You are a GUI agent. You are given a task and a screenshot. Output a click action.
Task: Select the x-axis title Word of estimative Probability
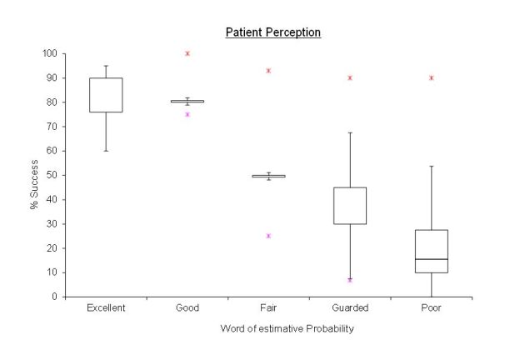(x=287, y=328)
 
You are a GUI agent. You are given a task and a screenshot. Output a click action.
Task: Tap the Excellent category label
(x=106, y=307)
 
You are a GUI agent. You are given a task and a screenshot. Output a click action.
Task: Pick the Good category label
(x=187, y=307)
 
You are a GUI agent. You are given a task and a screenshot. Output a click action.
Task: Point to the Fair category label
(x=268, y=307)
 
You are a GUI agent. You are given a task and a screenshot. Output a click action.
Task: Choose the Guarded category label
(x=350, y=307)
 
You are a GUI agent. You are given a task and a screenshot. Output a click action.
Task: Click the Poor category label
(x=431, y=307)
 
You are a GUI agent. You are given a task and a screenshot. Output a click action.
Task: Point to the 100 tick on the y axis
(x=50, y=54)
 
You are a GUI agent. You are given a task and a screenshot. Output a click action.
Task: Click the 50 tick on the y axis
(x=52, y=176)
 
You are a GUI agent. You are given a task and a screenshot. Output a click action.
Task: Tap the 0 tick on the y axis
(x=55, y=297)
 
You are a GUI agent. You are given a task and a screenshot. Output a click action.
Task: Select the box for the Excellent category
(x=106, y=95)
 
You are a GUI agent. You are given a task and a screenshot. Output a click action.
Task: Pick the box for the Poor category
(x=431, y=251)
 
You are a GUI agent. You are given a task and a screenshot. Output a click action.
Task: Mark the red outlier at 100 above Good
(x=187, y=53)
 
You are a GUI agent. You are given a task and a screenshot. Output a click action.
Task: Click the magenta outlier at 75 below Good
(x=187, y=114)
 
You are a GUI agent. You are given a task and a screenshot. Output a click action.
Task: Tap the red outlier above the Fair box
(x=268, y=71)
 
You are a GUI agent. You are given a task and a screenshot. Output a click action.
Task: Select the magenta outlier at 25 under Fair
(x=268, y=236)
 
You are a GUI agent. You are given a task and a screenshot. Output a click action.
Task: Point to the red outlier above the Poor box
(x=431, y=77)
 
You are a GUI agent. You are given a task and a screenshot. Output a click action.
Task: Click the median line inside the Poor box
(x=431, y=259)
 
